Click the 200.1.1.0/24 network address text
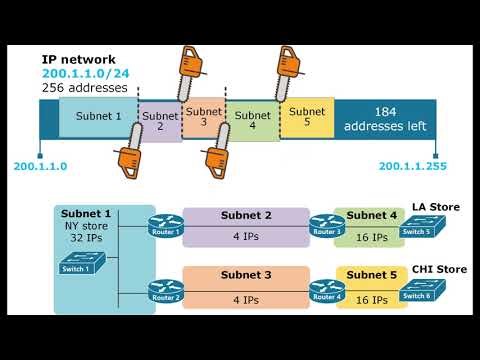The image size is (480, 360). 85,73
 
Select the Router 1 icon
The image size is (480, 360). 166,226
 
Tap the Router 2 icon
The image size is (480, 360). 166,290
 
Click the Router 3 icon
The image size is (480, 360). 326,226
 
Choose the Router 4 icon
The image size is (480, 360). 326,290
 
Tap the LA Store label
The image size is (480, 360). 435,207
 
